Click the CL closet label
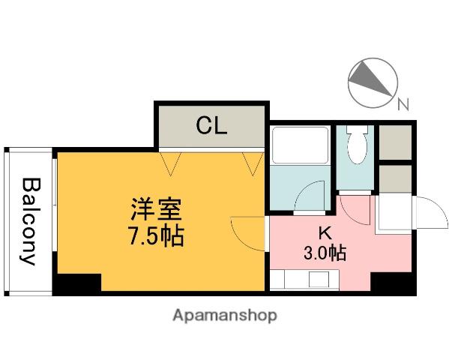(x=211, y=125)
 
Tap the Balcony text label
(x=31, y=221)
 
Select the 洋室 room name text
(x=156, y=209)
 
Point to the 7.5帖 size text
(x=156, y=236)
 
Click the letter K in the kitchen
(x=325, y=232)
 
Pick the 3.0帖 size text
(x=325, y=253)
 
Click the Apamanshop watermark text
(x=225, y=316)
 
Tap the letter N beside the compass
(x=403, y=104)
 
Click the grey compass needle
(x=369, y=78)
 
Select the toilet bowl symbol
(x=357, y=145)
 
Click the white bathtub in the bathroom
(x=300, y=145)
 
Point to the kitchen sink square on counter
(x=319, y=279)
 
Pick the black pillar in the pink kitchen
(x=393, y=283)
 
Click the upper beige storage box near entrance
(x=395, y=142)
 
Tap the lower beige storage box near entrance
(x=395, y=178)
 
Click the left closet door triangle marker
(x=171, y=163)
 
